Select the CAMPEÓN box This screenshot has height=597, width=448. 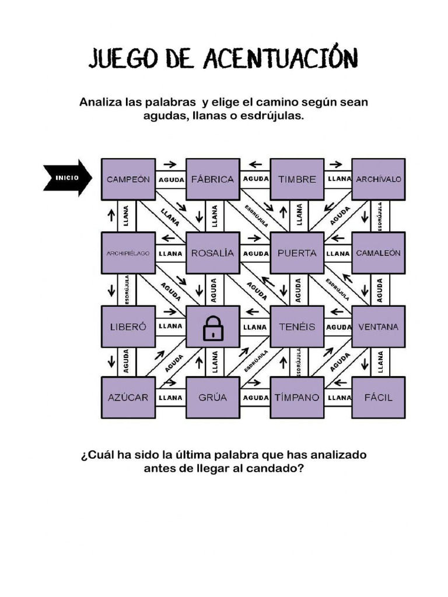coord(128,179)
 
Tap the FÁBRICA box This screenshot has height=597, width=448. coord(212,179)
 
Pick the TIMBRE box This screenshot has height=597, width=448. coord(297,179)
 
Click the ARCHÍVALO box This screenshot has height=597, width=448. coord(379,179)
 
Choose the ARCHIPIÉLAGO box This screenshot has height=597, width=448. coord(128,253)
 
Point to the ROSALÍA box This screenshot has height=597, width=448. coord(212,253)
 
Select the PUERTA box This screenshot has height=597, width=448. coord(297,253)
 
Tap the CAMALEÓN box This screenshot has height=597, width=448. coord(379,253)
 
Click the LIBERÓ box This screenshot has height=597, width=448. coord(128,326)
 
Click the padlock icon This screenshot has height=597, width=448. coord(213,329)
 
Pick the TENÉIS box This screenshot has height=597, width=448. coord(297,326)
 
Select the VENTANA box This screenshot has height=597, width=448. coord(379,326)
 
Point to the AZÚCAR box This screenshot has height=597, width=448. coord(128,398)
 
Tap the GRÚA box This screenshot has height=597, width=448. coord(212,398)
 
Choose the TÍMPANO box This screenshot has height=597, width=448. coord(297,398)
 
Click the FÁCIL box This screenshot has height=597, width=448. coord(379,398)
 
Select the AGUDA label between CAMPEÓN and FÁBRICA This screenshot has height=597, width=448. coord(171,180)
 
